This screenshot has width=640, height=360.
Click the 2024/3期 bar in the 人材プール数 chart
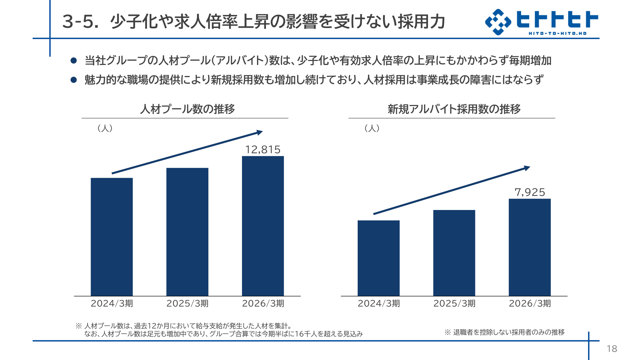point(112,237)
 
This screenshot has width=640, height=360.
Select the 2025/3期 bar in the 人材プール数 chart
point(187,232)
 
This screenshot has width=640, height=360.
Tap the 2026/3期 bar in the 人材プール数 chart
point(263,226)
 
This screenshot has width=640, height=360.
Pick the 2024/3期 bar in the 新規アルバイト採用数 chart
point(379,258)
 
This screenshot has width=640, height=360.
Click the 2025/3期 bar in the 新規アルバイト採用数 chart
point(454,253)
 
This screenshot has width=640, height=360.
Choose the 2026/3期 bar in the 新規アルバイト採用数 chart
point(530,247)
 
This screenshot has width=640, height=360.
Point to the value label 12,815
point(263,150)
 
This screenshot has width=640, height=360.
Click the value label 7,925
point(530,192)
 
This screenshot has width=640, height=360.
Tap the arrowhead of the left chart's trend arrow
point(260,132)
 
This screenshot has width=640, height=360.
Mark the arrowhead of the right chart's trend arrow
point(527,168)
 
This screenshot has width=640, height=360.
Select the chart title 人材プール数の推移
point(188,109)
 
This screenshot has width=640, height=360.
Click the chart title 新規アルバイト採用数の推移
point(454,109)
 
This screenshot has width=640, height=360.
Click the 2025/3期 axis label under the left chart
point(187,303)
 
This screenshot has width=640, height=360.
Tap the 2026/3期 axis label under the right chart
point(530,303)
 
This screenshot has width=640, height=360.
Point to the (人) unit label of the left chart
point(105,128)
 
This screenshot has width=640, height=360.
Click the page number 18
point(612,349)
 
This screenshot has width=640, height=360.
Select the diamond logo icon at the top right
point(498,22)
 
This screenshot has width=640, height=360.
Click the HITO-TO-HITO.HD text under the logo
point(557,33)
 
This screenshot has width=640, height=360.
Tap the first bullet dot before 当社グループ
point(74,61)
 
